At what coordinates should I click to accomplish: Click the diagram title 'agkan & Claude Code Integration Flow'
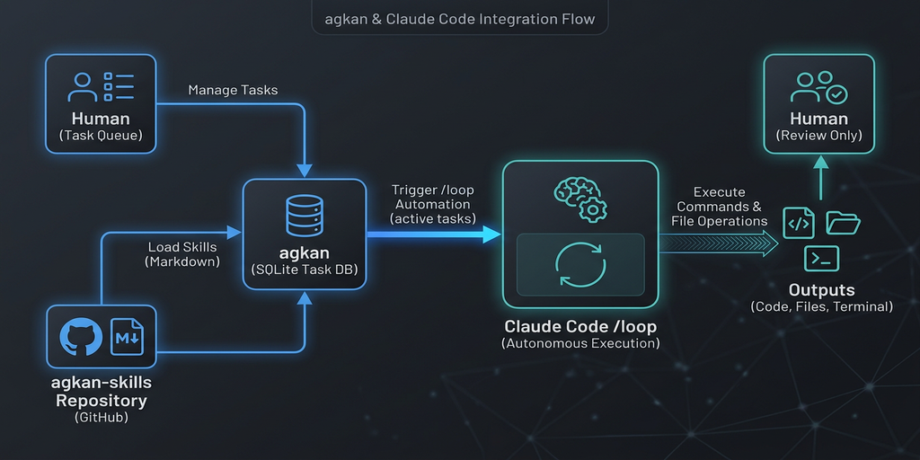pyautogui.click(x=459, y=18)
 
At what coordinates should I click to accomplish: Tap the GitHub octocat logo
pyautogui.click(x=81, y=338)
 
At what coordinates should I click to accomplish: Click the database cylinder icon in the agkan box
pyautogui.click(x=303, y=214)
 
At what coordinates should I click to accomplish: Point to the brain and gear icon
pyautogui.click(x=579, y=196)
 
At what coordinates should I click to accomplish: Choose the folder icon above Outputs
pyautogui.click(x=843, y=222)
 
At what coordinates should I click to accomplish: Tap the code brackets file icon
pyautogui.click(x=799, y=223)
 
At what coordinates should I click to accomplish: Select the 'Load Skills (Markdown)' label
pyautogui.click(x=182, y=253)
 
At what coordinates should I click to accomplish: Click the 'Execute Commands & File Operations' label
pyautogui.click(x=719, y=206)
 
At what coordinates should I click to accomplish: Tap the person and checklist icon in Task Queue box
pyautogui.click(x=101, y=87)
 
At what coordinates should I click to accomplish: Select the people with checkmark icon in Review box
pyautogui.click(x=818, y=87)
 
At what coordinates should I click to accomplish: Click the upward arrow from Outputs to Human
pyautogui.click(x=819, y=181)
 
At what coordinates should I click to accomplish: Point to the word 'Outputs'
pyautogui.click(x=821, y=289)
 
